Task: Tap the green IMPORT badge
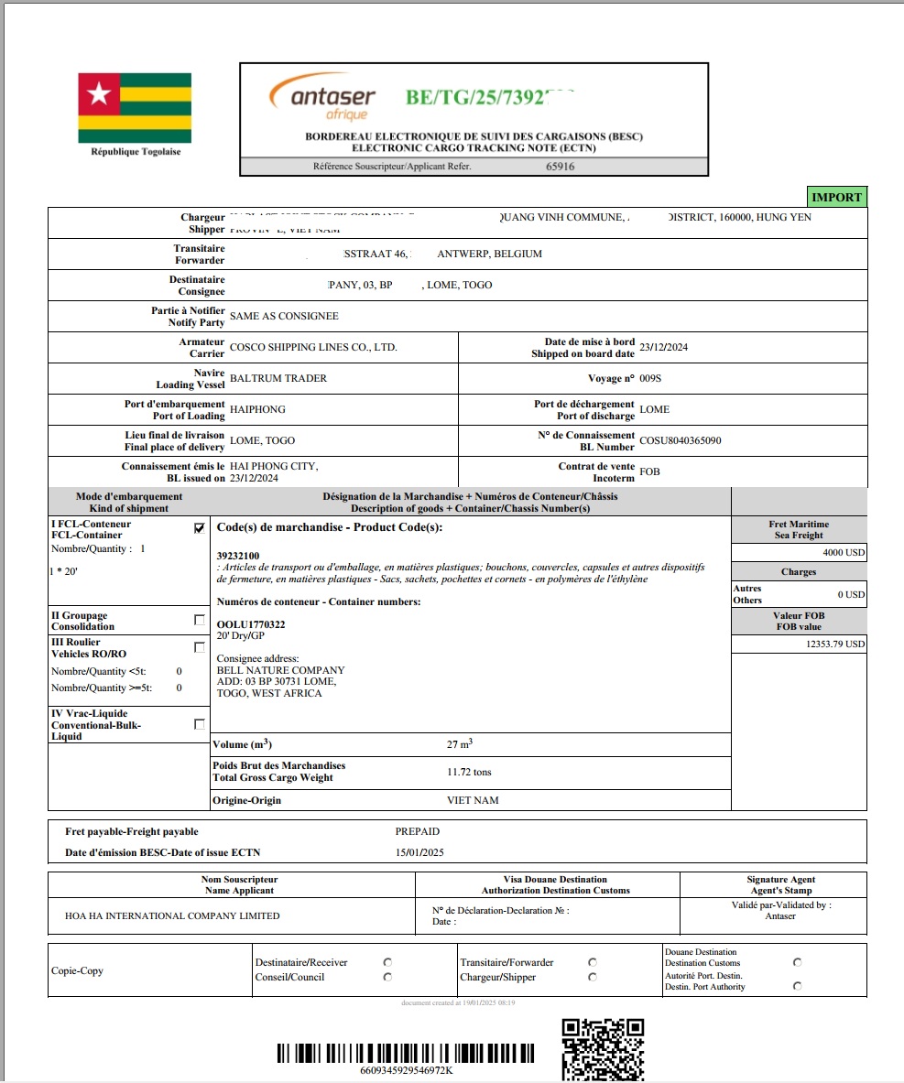(x=836, y=197)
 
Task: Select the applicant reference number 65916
(x=560, y=167)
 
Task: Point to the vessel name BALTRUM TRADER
(x=278, y=378)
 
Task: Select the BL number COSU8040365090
(x=680, y=440)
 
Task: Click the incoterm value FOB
(x=649, y=471)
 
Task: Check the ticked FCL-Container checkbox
(x=200, y=528)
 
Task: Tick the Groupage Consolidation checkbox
(x=200, y=620)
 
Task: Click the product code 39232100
(x=237, y=556)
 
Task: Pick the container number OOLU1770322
(x=250, y=624)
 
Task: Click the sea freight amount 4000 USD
(x=843, y=553)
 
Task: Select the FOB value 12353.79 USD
(x=831, y=644)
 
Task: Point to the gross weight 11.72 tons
(x=469, y=772)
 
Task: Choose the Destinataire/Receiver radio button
(x=387, y=962)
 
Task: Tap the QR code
(x=602, y=1048)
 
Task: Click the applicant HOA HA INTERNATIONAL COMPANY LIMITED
(x=172, y=915)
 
